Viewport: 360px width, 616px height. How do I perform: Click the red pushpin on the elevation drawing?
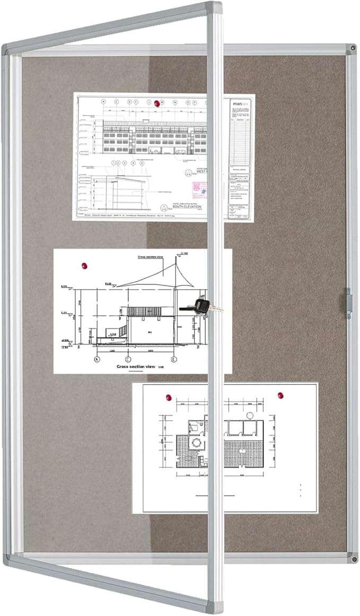coord(156,104)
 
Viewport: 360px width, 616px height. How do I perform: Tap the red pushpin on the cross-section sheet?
coord(83,265)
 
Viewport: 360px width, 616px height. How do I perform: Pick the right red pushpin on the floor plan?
coord(280,395)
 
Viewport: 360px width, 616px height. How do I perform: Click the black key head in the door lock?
coord(199,305)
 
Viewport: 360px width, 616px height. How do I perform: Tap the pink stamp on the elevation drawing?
coord(199,188)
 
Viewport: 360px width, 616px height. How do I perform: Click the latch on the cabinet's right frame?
coord(348,303)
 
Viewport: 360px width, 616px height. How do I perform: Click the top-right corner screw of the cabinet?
coord(352,49)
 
